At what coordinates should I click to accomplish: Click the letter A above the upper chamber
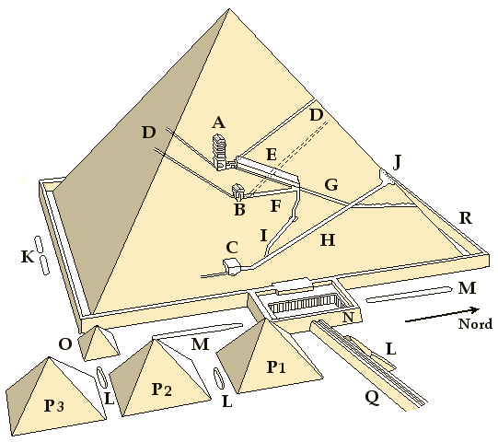click(218, 122)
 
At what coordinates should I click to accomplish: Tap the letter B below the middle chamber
click(239, 210)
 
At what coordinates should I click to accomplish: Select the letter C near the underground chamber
click(232, 248)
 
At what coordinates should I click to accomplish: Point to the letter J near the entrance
click(397, 162)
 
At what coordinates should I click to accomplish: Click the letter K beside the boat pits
click(28, 256)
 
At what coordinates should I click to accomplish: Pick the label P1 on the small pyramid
click(276, 367)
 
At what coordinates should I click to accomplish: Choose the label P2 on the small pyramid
click(162, 390)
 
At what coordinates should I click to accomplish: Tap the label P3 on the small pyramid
click(54, 406)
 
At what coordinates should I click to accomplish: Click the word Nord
click(476, 324)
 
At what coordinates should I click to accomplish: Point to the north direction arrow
click(442, 315)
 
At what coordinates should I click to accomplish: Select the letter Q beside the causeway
click(372, 398)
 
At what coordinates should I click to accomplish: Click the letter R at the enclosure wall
click(466, 218)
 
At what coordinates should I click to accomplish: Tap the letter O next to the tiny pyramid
click(65, 344)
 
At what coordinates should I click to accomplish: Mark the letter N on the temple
click(348, 317)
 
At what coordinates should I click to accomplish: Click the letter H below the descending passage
click(328, 240)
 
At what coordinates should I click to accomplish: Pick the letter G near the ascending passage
click(331, 185)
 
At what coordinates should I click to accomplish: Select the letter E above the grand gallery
click(272, 155)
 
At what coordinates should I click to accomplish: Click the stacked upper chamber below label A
click(220, 152)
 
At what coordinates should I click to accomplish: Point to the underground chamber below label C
click(233, 266)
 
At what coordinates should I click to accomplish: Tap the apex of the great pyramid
click(228, 9)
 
